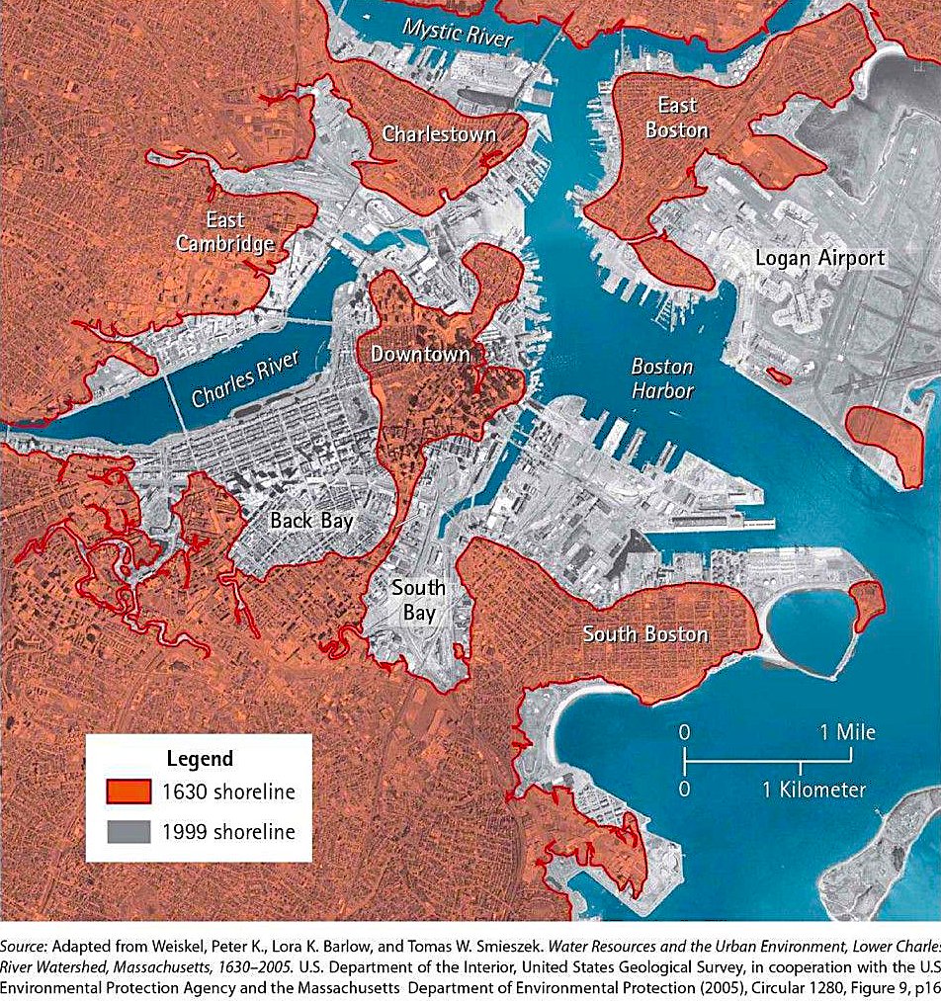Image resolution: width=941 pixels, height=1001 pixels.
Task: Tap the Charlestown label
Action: [x=439, y=133]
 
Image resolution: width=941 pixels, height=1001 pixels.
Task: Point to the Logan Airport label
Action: [x=819, y=258]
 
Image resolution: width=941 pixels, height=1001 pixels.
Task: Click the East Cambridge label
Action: [x=224, y=231]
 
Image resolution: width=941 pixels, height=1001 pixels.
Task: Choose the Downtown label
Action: [x=420, y=353]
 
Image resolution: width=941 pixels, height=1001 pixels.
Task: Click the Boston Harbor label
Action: [x=662, y=378]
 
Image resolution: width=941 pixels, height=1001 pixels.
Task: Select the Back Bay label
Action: [x=311, y=521]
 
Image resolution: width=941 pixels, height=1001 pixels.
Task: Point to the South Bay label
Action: [x=417, y=600]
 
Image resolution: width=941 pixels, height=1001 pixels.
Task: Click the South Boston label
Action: [x=644, y=633]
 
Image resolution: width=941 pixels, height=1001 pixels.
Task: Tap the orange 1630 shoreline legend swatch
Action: [x=129, y=792]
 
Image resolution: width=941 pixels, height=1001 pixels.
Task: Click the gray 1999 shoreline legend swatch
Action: [x=129, y=831]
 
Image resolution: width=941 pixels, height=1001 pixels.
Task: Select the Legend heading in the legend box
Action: [x=199, y=759]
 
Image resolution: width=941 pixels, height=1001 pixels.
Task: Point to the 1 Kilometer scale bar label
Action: [x=813, y=790]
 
